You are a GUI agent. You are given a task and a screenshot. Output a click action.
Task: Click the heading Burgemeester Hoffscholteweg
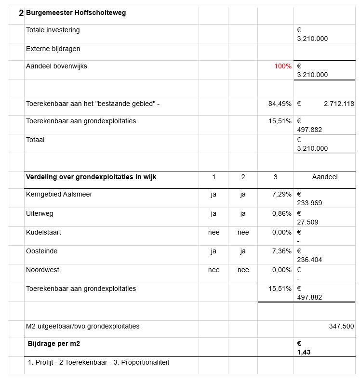[x=76, y=13]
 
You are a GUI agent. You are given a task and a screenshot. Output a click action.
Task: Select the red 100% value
[x=283, y=66]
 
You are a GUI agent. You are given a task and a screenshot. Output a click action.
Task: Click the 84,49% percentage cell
[x=280, y=104]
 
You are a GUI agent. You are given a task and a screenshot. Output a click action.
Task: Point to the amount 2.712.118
[x=339, y=104]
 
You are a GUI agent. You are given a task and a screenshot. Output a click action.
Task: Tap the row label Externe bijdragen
[x=53, y=49]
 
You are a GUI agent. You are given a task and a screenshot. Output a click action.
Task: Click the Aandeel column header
[x=325, y=177]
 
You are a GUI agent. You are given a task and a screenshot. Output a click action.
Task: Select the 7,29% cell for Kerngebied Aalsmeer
[x=281, y=195]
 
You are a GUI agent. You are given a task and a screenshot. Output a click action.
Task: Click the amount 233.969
[x=310, y=203]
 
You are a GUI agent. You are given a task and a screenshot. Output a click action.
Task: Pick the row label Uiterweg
[x=40, y=213]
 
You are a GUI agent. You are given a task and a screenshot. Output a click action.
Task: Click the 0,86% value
[x=281, y=213]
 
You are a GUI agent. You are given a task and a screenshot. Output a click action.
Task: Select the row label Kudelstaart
[x=43, y=232]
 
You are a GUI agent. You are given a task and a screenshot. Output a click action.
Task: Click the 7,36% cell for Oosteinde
[x=281, y=251]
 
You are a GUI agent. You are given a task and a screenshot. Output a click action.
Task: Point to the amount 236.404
[x=310, y=260]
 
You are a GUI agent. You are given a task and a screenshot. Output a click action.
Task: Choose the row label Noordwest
[x=42, y=270]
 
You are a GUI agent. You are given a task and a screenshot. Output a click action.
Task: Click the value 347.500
[x=341, y=327]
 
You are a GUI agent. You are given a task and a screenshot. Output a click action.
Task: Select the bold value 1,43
[x=304, y=353]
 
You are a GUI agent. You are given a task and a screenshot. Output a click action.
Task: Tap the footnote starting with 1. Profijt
[x=98, y=363]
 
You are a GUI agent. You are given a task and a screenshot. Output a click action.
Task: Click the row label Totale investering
[x=53, y=30]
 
